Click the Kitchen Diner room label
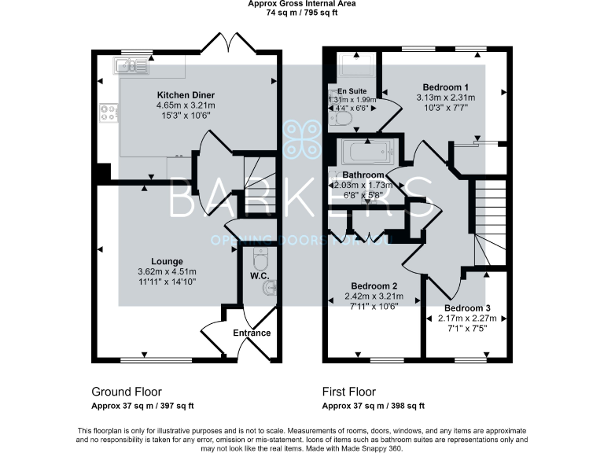[186, 94]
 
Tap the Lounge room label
[168, 261]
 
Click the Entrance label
[252, 333]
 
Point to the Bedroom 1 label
[446, 87]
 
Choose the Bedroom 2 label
[374, 285]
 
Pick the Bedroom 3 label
[466, 308]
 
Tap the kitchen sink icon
[131, 68]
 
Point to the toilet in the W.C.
[260, 259]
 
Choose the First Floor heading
[349, 392]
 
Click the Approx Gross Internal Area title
[301, 4]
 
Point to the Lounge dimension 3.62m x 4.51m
[168, 271]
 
